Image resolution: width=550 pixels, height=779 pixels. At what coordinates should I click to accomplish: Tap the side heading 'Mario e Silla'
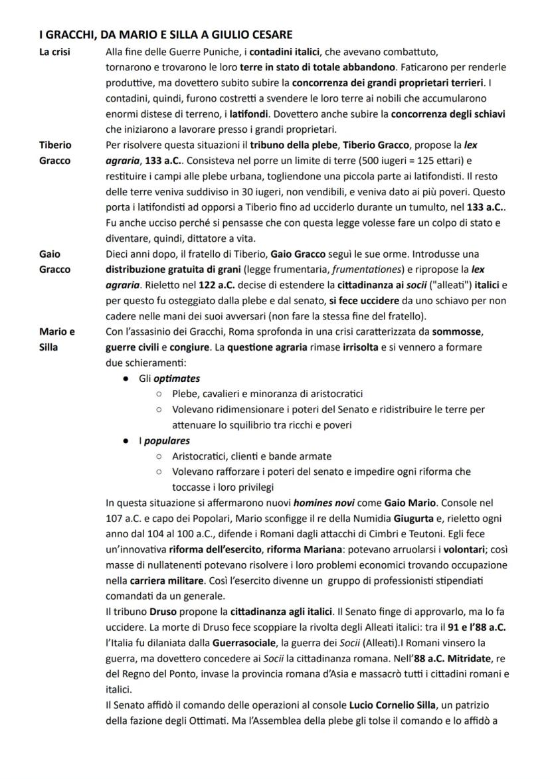pyautogui.click(x=57, y=339)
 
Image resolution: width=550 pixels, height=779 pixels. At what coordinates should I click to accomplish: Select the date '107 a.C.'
pyautogui.click(x=124, y=519)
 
